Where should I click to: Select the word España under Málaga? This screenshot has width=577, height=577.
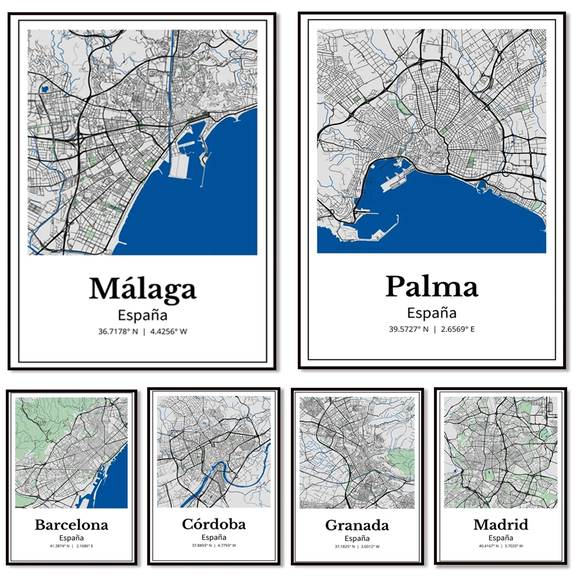click(143, 315)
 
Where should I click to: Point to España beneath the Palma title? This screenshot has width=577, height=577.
click(432, 313)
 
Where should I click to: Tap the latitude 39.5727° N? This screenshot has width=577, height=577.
click(408, 329)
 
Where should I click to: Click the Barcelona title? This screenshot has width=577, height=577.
click(72, 525)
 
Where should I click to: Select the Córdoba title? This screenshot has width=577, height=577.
click(213, 524)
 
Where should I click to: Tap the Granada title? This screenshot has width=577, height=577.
click(357, 526)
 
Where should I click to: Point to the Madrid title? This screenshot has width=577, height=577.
click(500, 525)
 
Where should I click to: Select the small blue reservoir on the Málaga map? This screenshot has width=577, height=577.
click(44, 90)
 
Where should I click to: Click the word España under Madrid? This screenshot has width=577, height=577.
click(500, 537)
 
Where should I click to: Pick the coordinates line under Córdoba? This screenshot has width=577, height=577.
click(213, 545)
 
